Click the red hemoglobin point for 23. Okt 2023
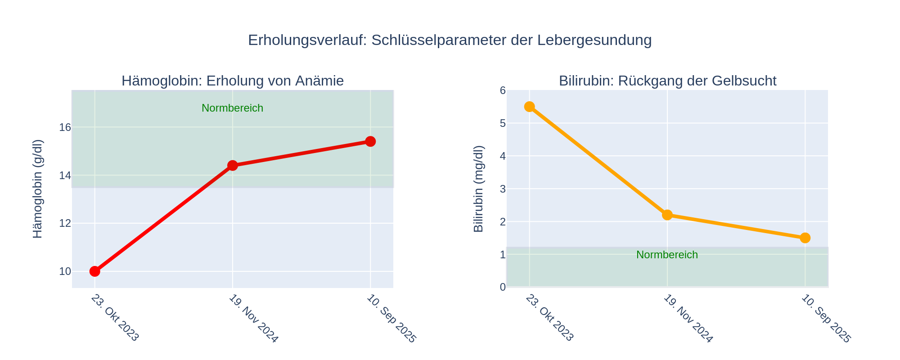94,271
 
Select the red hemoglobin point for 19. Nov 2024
232,166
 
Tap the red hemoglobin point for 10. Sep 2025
370,141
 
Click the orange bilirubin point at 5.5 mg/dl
529,107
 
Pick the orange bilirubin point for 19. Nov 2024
667,215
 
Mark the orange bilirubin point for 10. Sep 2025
805,238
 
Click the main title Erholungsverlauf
450,40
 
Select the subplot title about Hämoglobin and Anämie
232,81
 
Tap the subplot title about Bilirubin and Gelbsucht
667,81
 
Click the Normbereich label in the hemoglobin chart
232,108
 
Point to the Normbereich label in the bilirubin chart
667,255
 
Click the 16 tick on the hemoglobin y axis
65,127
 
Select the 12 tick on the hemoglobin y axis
65,223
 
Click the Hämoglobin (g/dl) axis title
38,189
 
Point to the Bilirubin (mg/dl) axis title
478,189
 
